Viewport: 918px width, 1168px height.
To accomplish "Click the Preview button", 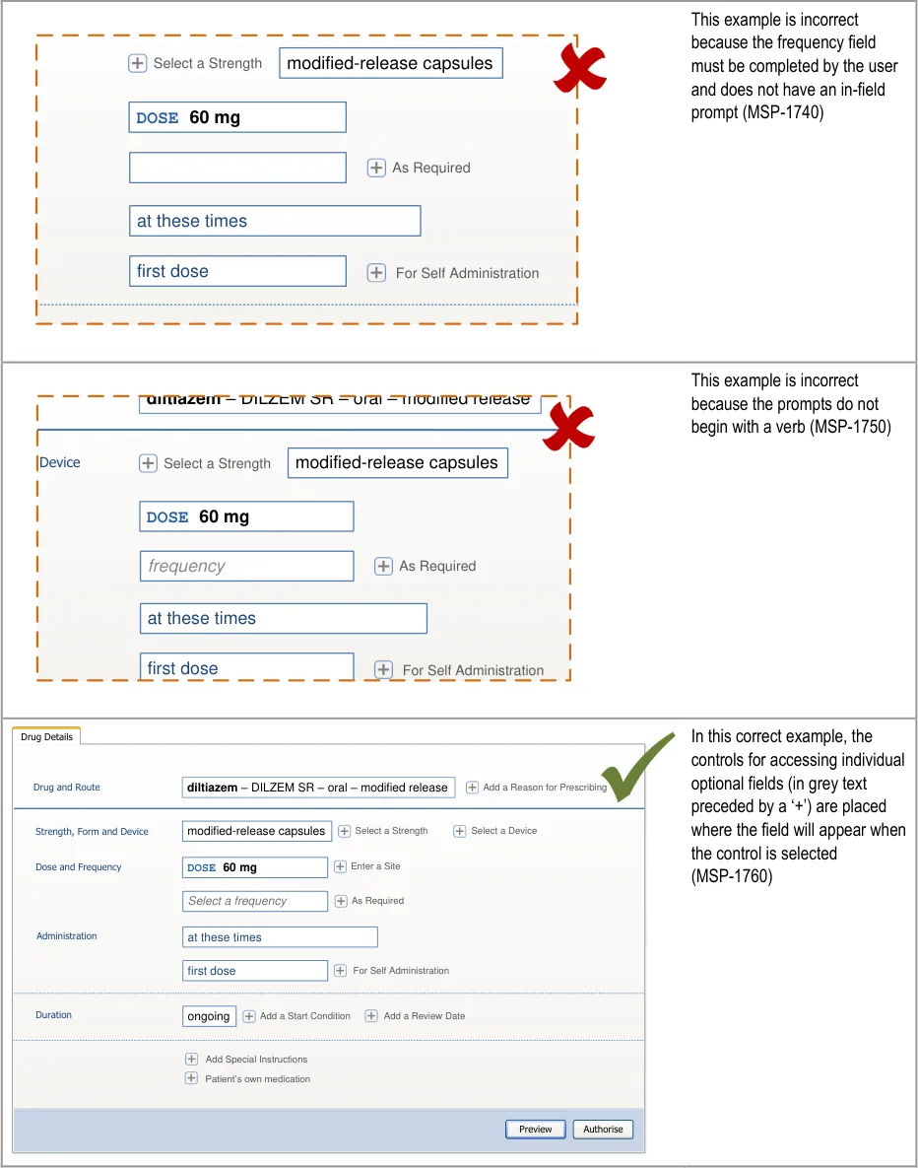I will tap(536, 1129).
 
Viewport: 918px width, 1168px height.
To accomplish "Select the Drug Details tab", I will tap(47, 737).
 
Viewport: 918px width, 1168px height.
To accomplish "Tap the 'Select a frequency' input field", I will tap(255, 901).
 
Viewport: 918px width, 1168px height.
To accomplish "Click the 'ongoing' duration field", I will tap(209, 1016).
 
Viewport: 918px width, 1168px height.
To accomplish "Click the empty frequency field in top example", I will tap(237, 168).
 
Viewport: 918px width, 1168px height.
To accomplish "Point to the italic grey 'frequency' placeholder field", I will tap(246, 566).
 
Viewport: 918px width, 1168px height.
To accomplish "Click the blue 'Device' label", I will tap(60, 462).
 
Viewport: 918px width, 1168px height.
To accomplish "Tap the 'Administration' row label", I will tap(67, 936).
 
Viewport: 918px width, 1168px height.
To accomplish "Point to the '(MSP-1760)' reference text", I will tap(732, 876).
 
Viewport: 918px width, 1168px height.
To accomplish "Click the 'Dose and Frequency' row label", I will tap(79, 867).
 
